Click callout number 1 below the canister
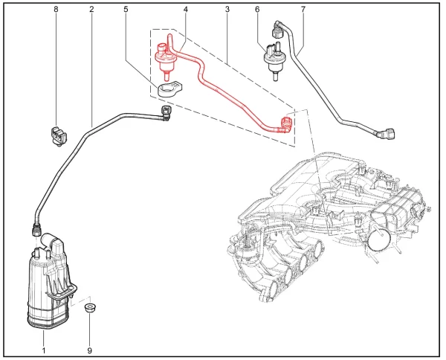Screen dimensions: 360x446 click(43, 349)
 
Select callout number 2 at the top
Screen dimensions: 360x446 click(91, 10)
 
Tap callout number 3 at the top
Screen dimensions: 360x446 click(227, 10)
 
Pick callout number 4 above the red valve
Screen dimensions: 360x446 click(185, 10)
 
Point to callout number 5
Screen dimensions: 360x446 click(126, 10)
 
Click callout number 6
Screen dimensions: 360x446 click(257, 10)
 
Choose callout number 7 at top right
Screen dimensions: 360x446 click(303, 10)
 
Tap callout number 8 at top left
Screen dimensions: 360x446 click(56, 10)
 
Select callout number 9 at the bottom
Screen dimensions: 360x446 click(89, 349)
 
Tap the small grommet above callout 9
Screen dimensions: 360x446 click(90, 306)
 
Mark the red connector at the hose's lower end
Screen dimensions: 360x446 click(284, 123)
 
